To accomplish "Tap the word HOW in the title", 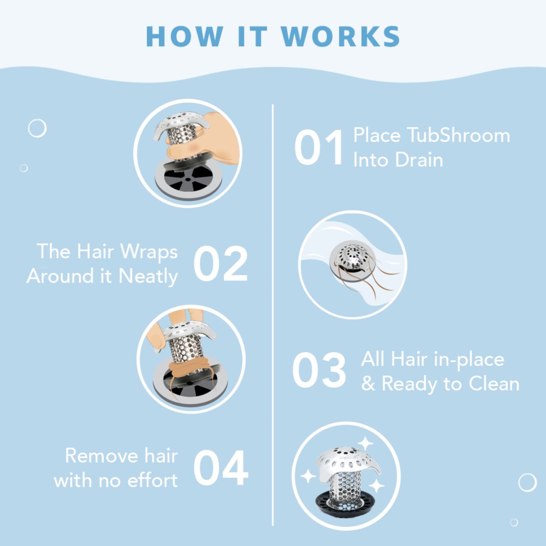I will click(184, 37).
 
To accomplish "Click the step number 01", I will click(319, 147).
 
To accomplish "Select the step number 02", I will click(220, 264).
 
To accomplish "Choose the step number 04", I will click(220, 468).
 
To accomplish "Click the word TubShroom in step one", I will click(458, 135).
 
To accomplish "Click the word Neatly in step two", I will click(148, 276).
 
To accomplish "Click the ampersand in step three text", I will click(368, 384).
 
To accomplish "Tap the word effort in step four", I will click(152, 481).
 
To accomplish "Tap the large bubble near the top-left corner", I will click(37, 128).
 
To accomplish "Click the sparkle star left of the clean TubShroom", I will click(308, 476).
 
